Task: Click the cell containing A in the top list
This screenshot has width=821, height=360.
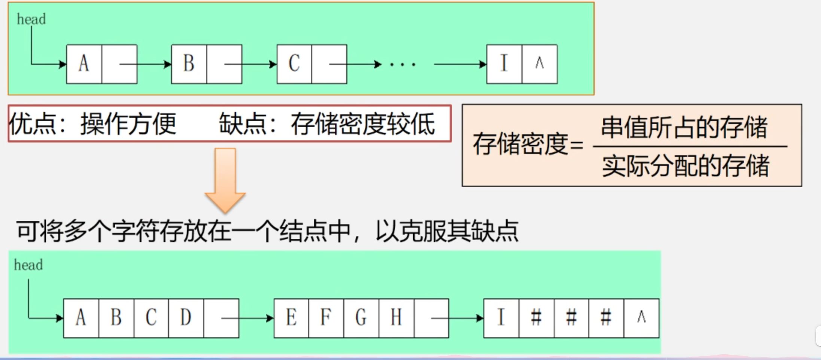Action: tap(84, 64)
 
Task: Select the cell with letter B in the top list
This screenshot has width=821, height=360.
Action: tap(189, 64)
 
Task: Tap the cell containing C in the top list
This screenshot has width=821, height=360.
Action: tap(294, 64)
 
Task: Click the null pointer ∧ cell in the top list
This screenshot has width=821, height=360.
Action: tap(539, 64)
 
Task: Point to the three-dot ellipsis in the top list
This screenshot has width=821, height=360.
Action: tap(402, 64)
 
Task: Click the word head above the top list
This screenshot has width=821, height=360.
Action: tap(31, 19)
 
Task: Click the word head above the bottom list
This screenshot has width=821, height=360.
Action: tap(28, 265)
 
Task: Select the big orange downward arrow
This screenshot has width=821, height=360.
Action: tap(225, 180)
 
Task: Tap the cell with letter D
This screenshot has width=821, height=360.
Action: tap(186, 318)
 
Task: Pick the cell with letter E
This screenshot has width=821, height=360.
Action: tap(291, 318)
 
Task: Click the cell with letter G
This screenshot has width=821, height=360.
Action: tap(361, 318)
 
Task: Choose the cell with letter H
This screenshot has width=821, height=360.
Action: tap(396, 318)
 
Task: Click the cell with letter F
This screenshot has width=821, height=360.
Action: tap(326, 318)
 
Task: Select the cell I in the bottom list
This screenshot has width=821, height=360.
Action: tap(501, 318)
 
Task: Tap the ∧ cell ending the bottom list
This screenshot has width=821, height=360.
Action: tap(641, 318)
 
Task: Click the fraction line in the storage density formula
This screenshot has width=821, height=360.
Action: tap(690, 146)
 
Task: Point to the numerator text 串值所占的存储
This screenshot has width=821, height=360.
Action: tap(684, 127)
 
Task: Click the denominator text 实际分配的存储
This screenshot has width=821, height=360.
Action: tap(685, 166)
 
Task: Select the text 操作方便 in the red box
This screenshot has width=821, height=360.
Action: tap(128, 124)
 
